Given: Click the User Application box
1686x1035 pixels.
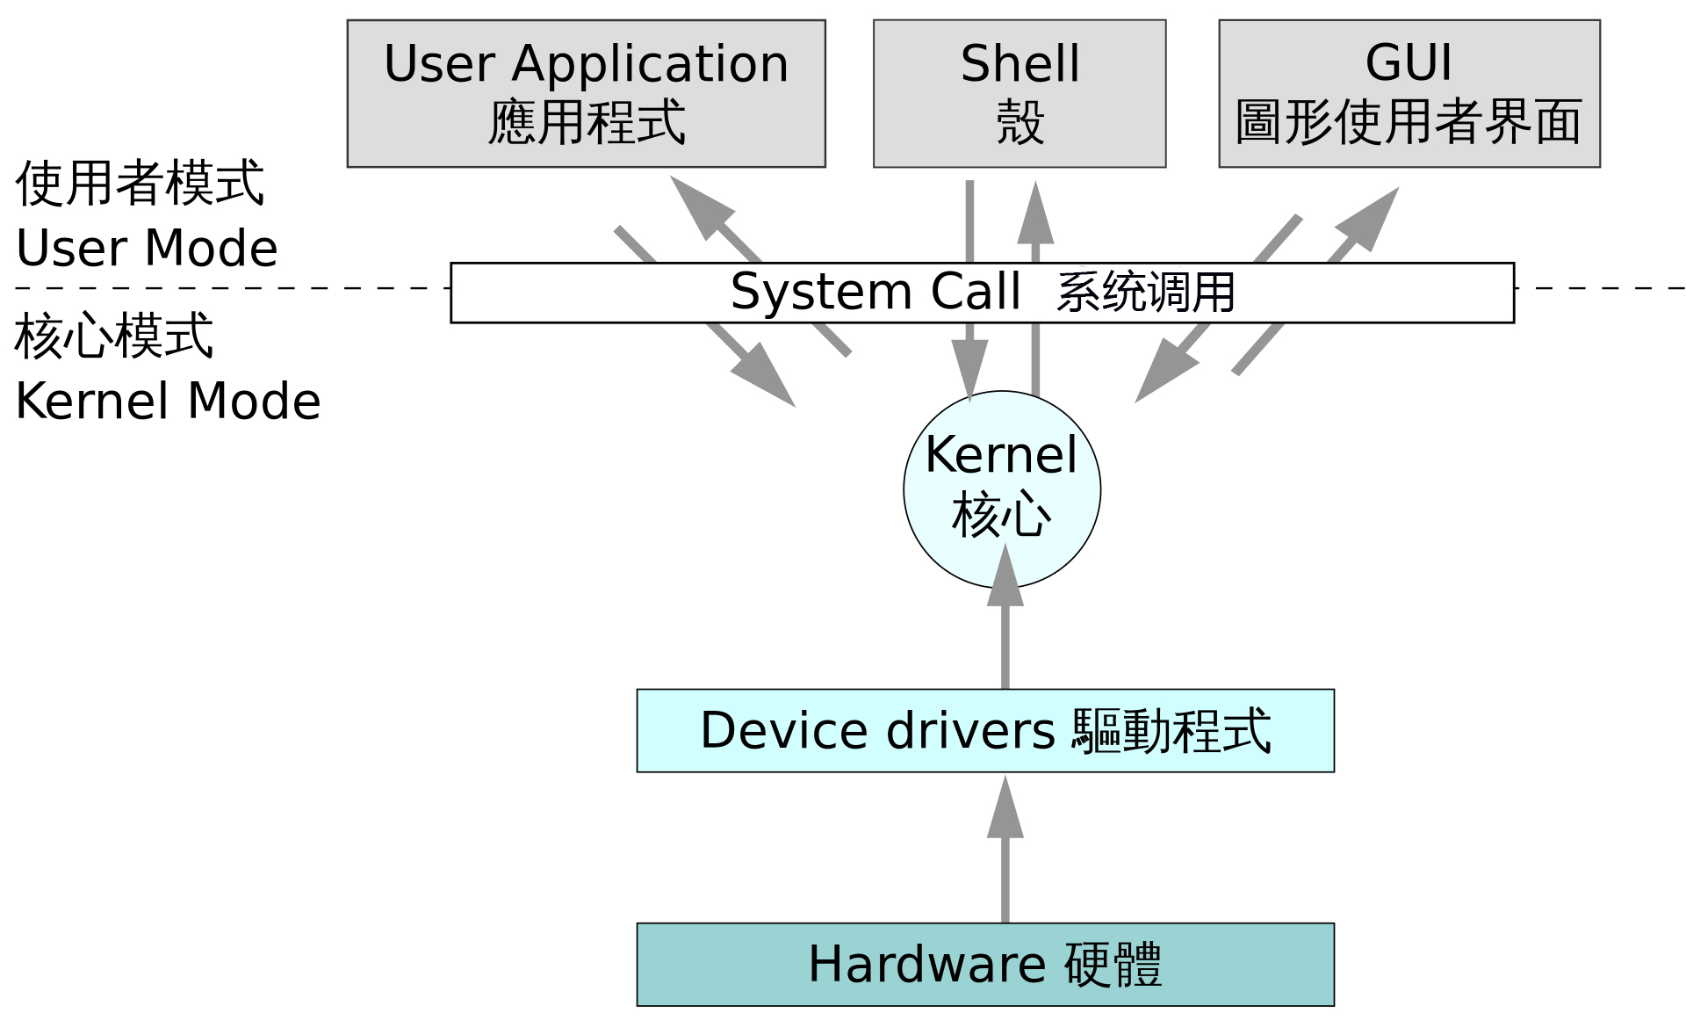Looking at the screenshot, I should [x=586, y=93].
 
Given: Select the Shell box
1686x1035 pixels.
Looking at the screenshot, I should [x=1019, y=93].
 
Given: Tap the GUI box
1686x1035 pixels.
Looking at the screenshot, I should [x=1409, y=93].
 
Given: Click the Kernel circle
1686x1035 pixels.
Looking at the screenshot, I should [x=1001, y=489].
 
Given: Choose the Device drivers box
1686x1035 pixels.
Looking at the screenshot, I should [x=984, y=730].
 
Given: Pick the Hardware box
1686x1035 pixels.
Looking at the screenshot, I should [x=984, y=964].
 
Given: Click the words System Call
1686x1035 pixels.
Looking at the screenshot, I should [x=875, y=292].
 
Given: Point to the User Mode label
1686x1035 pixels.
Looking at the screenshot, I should [x=147, y=248].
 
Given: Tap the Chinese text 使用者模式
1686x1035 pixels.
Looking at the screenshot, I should [x=140, y=184].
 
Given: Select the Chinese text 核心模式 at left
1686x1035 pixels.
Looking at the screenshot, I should [x=114, y=336].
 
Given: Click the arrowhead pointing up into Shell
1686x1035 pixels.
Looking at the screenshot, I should [x=1035, y=215].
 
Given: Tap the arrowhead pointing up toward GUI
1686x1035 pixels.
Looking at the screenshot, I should [x=1368, y=218].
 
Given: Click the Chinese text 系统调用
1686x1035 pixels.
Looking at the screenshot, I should [x=1145, y=293].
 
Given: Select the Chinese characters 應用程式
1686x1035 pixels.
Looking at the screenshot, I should [x=586, y=121].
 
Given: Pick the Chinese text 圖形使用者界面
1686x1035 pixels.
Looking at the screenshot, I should [x=1409, y=121].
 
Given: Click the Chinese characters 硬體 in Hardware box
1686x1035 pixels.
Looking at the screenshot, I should [x=1113, y=964].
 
